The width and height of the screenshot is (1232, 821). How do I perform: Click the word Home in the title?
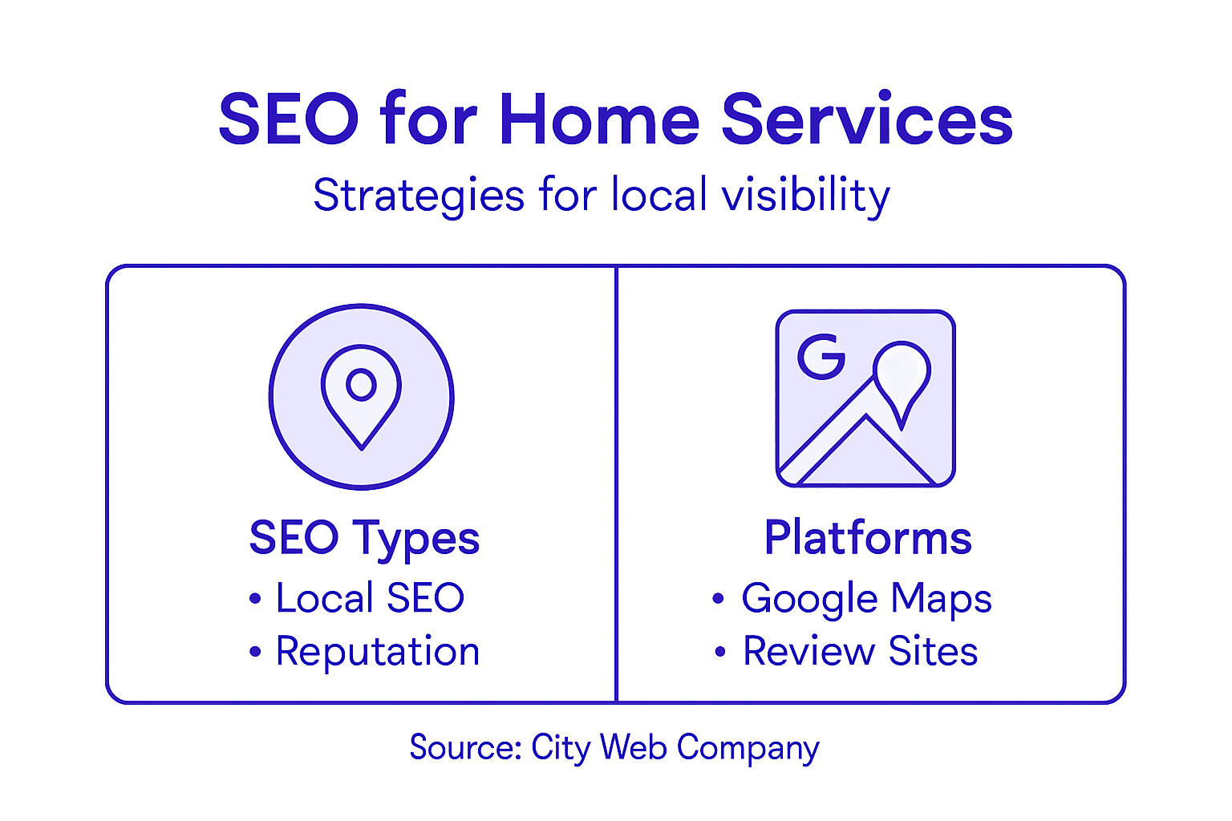coord(599,119)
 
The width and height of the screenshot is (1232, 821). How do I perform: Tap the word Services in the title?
coord(867,119)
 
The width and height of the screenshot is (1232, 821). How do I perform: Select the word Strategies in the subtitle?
coord(419,196)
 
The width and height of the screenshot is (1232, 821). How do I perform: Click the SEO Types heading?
coord(364,538)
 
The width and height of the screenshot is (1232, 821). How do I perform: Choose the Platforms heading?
coord(868,537)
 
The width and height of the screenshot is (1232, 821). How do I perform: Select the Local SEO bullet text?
coord(370,598)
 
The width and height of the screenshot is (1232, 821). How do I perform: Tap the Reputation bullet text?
coord(378,651)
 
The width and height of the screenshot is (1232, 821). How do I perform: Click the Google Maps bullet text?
coord(866,599)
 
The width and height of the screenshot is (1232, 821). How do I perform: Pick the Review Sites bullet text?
coord(860,651)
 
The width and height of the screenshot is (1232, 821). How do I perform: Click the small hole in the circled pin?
coord(361,385)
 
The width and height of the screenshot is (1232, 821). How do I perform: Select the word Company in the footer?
coord(748,748)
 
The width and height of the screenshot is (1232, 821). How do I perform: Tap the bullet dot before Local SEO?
coord(255,599)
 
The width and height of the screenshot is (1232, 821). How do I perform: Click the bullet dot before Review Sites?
coord(720,652)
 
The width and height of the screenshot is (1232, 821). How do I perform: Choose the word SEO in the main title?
coord(289,119)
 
